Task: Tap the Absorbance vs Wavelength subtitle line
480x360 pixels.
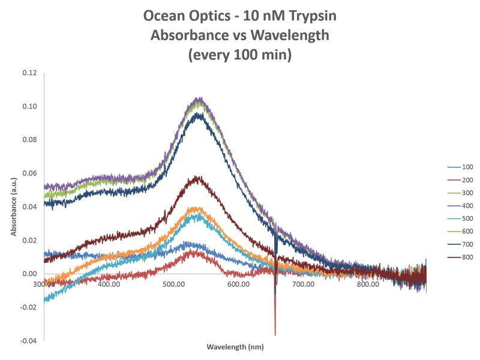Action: (x=239, y=35)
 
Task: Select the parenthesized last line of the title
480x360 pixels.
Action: (x=239, y=56)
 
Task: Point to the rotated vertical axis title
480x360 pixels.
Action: (x=13, y=206)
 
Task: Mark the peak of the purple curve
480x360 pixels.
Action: (x=198, y=97)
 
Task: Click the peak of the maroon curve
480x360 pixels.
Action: (x=196, y=176)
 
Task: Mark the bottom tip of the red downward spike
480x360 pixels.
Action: (x=275, y=335)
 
